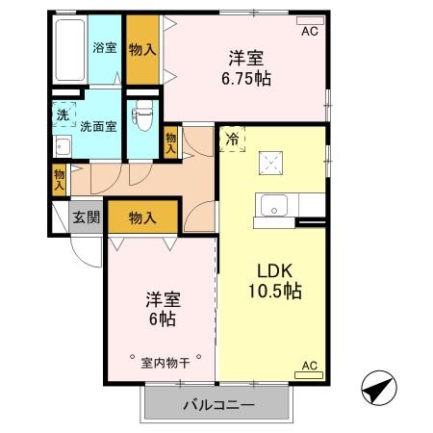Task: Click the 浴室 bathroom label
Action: tap(104, 47)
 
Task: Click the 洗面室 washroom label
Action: tap(98, 125)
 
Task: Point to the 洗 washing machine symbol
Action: tap(61, 115)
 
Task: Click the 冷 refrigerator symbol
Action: tap(231, 140)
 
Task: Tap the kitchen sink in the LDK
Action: tap(273, 206)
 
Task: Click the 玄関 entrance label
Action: tap(86, 216)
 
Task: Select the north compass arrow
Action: tap(378, 391)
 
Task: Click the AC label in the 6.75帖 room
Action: tap(309, 31)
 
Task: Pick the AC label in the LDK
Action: tap(310, 366)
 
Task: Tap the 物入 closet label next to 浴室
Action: tap(142, 47)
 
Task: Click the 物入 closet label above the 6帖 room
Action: tap(142, 217)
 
